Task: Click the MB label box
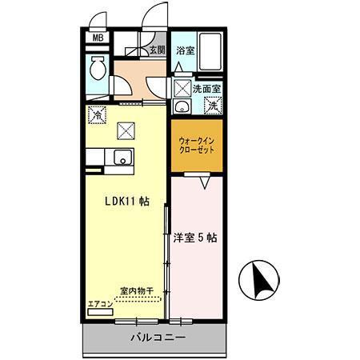pyautogui.click(x=98, y=38)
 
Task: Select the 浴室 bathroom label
pyautogui.click(x=185, y=50)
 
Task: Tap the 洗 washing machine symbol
pyautogui.click(x=212, y=104)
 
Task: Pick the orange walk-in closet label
pyautogui.click(x=196, y=144)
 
